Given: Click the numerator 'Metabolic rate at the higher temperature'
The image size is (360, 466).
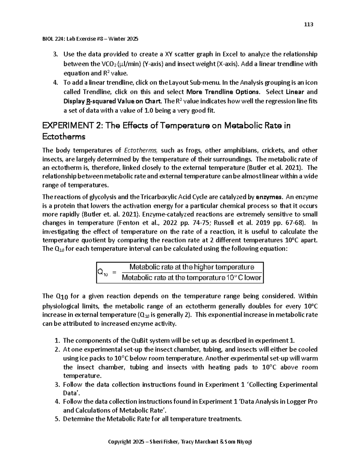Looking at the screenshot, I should [191, 267].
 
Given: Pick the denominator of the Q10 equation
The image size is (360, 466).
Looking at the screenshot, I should [191, 278].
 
